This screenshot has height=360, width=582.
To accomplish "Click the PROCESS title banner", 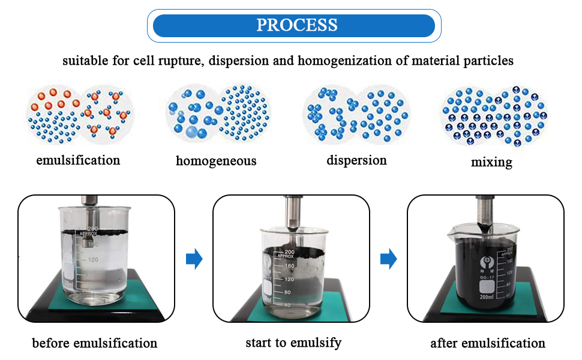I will tap(294, 25).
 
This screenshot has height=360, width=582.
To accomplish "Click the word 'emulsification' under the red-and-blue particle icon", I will tap(78, 160).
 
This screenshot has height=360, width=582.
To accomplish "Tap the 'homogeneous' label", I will tap(216, 161).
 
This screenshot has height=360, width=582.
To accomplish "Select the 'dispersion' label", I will tap(356, 160).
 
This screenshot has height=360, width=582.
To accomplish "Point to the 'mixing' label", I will tap(491, 161).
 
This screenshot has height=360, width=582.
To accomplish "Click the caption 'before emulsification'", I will tap(95, 343).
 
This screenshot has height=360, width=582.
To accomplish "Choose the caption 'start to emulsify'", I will tap(293, 343).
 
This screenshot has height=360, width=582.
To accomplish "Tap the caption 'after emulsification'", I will tap(488, 343).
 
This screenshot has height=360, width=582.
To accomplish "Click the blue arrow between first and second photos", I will tap(194, 259).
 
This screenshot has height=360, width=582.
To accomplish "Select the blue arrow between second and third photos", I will tap(389, 259).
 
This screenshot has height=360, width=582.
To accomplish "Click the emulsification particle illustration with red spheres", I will tap(80, 115).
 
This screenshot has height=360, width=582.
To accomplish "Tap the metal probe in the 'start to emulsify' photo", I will tap(292, 213).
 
